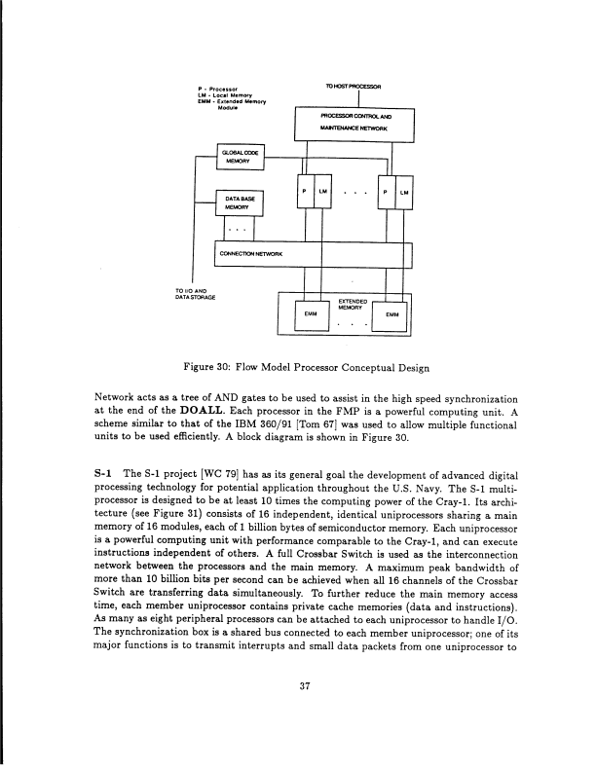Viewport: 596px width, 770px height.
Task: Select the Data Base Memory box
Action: point(239,202)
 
